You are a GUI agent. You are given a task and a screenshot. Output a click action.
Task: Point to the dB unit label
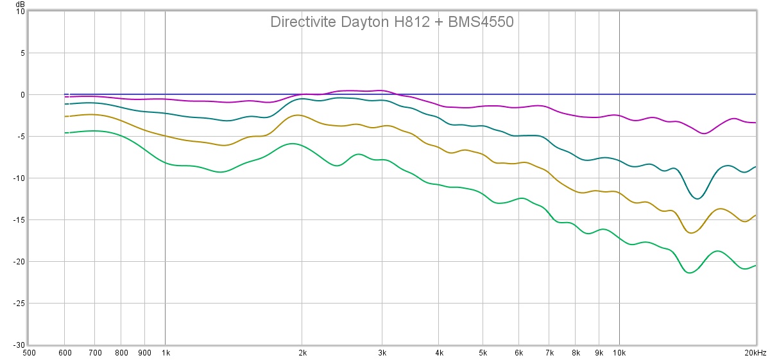tap(21, 4)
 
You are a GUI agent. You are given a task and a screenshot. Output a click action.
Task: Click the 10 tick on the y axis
tap(21, 12)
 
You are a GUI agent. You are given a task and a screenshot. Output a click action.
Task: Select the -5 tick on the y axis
tap(21, 136)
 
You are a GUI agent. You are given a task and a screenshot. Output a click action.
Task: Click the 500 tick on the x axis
tap(29, 353)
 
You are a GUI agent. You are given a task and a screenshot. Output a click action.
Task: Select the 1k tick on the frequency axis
tap(166, 353)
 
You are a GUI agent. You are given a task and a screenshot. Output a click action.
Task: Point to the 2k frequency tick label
tap(302, 353)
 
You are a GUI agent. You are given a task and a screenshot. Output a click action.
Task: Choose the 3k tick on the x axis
tap(382, 353)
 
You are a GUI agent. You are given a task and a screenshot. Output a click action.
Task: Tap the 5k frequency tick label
tap(483, 353)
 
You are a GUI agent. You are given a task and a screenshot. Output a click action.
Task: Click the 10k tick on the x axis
tap(619, 353)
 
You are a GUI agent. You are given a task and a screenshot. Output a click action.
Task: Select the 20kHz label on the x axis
tap(755, 353)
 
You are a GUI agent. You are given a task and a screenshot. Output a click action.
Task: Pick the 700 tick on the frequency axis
tap(95, 353)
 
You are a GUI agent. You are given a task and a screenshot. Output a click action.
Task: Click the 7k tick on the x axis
tap(549, 353)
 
